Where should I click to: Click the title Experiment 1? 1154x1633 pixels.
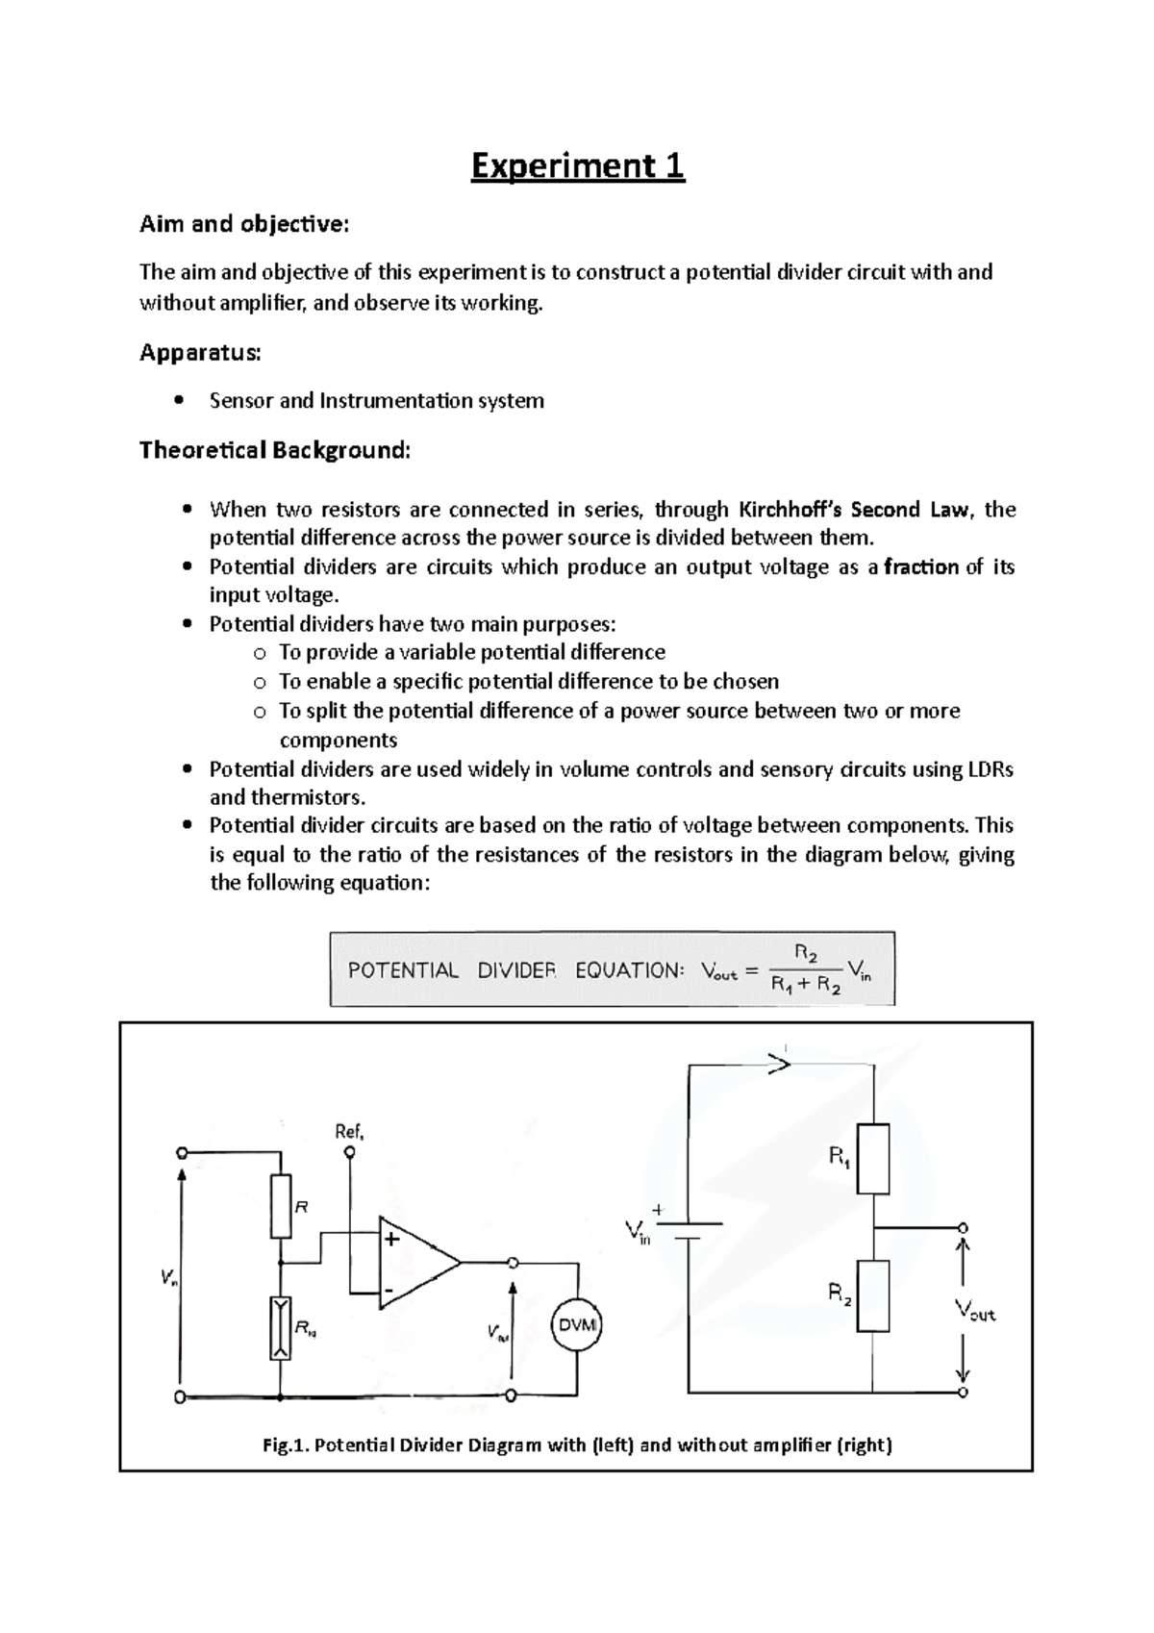(x=577, y=166)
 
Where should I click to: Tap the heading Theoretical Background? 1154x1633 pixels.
(x=274, y=450)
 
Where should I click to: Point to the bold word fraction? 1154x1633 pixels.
(x=921, y=566)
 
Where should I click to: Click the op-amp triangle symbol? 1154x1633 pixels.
(x=417, y=1263)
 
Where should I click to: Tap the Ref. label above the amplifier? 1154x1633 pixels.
(x=348, y=1132)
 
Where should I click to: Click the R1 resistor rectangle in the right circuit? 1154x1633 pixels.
(x=872, y=1159)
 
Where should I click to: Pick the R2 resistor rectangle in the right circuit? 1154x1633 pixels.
(x=872, y=1295)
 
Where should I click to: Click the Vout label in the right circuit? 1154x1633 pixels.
(x=974, y=1310)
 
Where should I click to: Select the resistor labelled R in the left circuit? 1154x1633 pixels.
(x=280, y=1205)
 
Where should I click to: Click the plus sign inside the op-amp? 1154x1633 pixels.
(x=391, y=1239)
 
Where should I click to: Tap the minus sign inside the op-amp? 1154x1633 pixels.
(x=389, y=1288)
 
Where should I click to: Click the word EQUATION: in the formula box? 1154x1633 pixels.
(x=629, y=970)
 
